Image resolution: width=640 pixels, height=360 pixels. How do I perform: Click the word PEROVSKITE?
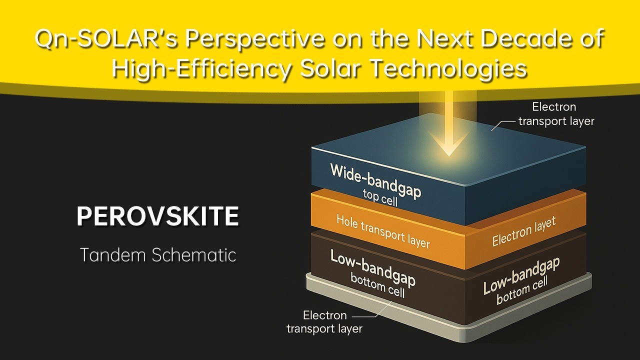point(157,216)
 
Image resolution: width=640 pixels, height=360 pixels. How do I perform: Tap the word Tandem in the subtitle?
point(113,255)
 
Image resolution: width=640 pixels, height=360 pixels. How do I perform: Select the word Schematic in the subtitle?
point(194,255)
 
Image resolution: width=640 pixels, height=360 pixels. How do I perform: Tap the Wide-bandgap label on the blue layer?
point(375,181)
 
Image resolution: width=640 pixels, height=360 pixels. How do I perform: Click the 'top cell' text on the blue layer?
point(380,197)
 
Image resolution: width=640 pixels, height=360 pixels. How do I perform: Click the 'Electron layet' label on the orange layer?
point(523,231)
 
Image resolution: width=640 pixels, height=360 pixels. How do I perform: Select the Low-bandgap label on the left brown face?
point(372,267)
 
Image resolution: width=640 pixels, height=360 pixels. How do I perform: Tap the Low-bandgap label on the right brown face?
point(521,275)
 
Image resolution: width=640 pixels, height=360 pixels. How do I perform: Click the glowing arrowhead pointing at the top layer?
point(449,144)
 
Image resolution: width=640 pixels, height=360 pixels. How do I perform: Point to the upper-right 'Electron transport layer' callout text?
point(556,114)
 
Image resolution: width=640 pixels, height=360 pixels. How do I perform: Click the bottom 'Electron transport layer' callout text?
point(324,322)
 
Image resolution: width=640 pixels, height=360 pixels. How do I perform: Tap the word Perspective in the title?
point(255,38)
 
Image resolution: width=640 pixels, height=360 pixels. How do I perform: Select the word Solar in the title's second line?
point(330,69)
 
